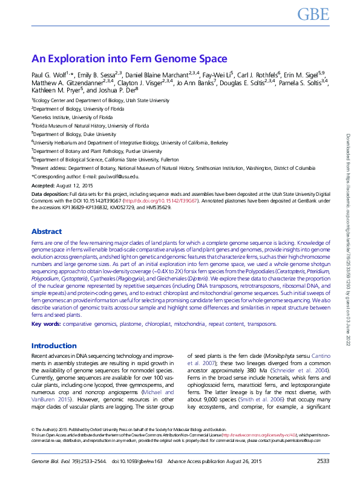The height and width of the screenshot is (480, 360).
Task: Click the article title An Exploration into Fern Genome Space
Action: coord(129,59)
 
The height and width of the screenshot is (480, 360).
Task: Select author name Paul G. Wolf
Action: coord(49,74)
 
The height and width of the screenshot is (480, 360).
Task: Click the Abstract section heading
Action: coord(47,232)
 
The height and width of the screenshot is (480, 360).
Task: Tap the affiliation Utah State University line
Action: coord(100,100)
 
